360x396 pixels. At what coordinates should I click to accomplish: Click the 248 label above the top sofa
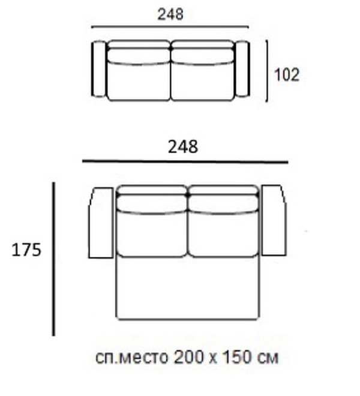170,14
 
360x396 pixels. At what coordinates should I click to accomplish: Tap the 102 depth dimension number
286,75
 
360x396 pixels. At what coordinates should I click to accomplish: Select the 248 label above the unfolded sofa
183,147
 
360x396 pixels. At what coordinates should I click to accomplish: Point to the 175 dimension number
26,250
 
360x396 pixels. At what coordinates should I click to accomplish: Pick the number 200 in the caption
188,358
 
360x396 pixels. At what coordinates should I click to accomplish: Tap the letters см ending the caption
268,359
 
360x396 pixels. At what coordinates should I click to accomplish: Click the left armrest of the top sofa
99,69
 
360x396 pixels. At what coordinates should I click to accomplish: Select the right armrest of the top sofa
242,69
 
